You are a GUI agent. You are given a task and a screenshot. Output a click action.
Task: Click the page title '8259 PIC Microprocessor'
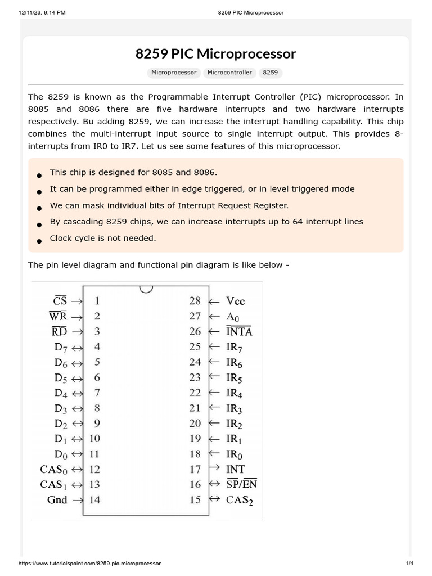click(x=215, y=54)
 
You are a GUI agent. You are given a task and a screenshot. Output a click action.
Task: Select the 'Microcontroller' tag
click(x=229, y=73)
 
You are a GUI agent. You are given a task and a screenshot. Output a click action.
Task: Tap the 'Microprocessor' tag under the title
click(x=174, y=73)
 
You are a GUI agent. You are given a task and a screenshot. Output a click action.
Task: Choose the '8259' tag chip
click(x=270, y=73)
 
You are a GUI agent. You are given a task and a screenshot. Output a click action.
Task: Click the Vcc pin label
click(x=236, y=301)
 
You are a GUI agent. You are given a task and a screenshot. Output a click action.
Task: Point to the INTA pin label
click(x=239, y=331)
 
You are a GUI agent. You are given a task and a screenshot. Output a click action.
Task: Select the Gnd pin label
click(x=57, y=499)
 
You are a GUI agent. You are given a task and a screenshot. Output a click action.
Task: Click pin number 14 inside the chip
click(x=94, y=499)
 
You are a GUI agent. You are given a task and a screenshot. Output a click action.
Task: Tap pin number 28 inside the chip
click(x=195, y=301)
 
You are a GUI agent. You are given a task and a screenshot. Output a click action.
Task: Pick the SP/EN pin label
click(x=242, y=484)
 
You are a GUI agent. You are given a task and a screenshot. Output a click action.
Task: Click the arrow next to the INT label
click(x=214, y=469)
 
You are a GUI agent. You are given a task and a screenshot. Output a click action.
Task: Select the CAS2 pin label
click(x=240, y=499)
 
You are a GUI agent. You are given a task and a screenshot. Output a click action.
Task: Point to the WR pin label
click(x=58, y=316)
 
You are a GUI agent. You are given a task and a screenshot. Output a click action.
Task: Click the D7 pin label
click(x=61, y=347)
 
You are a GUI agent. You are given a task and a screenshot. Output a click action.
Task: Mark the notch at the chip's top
click(x=145, y=289)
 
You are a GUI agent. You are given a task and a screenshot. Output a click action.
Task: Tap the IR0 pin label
click(x=235, y=453)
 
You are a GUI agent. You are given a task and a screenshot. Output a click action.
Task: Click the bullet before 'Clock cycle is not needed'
click(x=39, y=241)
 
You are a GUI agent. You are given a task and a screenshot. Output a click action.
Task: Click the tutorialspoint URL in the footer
click(x=90, y=564)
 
